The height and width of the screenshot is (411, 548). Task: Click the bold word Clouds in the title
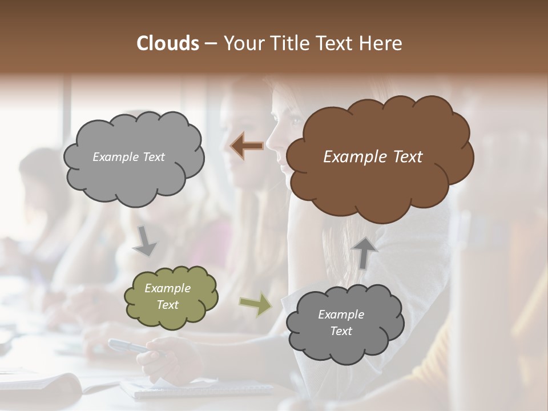click(x=167, y=43)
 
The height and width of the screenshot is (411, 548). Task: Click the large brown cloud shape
click(x=379, y=157)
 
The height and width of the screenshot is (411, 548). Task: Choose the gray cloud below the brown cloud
click(x=344, y=323)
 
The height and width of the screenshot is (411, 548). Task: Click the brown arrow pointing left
click(x=247, y=146)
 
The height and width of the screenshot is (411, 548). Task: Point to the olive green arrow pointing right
click(x=255, y=304)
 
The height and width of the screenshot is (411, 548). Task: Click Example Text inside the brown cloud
click(x=373, y=157)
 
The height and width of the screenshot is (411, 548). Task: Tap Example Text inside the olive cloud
click(x=167, y=297)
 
